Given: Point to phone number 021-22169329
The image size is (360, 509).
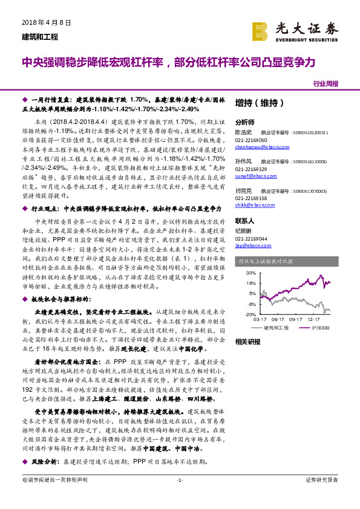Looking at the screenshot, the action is coord(254,169).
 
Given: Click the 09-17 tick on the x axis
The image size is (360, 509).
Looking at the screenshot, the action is coord(296,320).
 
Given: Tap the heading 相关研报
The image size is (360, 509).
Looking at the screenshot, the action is coord(248,342).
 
